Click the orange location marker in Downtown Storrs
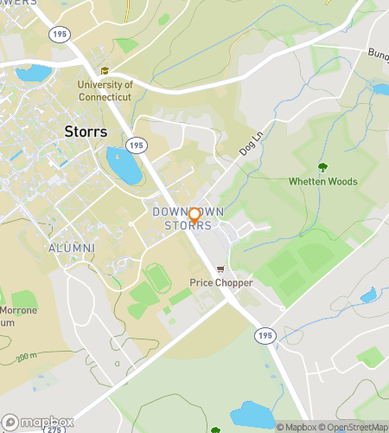(194, 216)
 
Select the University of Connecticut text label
(105, 90)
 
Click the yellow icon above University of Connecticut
(105, 71)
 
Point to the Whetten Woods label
(322, 182)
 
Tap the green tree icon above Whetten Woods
(322, 167)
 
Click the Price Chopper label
(220, 283)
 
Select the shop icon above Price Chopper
(220, 269)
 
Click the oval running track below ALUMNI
(156, 278)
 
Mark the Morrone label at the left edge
(11, 310)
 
